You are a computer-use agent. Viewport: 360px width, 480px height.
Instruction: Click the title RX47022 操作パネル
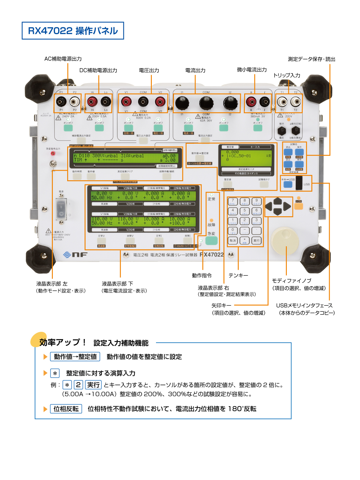point(73,31)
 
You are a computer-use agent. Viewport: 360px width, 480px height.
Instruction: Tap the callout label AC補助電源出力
point(63,59)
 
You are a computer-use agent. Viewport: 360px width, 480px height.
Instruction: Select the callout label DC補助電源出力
point(98,70)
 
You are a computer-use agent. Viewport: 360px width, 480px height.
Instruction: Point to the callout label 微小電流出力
point(252,70)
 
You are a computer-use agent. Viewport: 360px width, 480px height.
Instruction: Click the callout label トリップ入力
point(286,75)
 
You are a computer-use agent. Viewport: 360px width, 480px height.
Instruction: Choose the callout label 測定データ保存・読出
point(311,59)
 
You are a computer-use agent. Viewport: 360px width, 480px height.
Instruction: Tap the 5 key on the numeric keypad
point(244,211)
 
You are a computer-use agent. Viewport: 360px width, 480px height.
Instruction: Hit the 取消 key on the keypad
point(232,240)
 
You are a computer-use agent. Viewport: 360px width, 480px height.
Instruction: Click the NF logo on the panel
point(75,255)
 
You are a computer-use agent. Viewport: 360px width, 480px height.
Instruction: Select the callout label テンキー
point(238,275)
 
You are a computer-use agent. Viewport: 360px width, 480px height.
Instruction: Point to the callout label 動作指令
point(202,275)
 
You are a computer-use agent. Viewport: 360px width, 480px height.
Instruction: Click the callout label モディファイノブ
point(292,280)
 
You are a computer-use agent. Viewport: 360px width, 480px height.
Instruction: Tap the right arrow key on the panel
point(287,206)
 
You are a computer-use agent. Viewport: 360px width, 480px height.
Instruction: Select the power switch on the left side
point(61,209)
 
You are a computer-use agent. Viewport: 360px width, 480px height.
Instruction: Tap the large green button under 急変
point(211,241)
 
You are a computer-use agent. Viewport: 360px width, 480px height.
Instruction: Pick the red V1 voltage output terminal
point(126,102)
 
